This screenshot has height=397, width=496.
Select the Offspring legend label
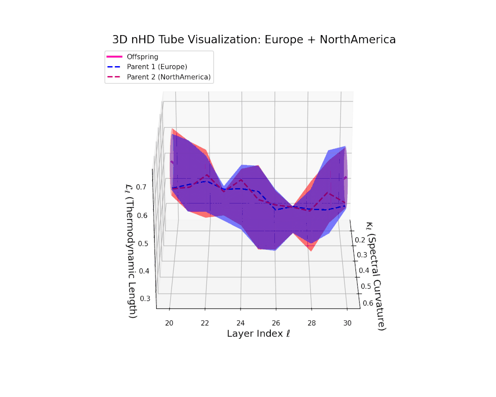coord(143,57)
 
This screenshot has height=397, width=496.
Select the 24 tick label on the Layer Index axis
coord(241,323)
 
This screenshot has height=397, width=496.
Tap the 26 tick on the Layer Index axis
coord(276,323)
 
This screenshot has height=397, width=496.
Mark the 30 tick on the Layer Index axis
coord(347,323)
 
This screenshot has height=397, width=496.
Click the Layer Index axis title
coord(258,334)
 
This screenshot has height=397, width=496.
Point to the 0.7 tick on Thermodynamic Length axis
coord(141,187)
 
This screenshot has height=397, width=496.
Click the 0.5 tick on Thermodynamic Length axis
coord(143,243)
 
